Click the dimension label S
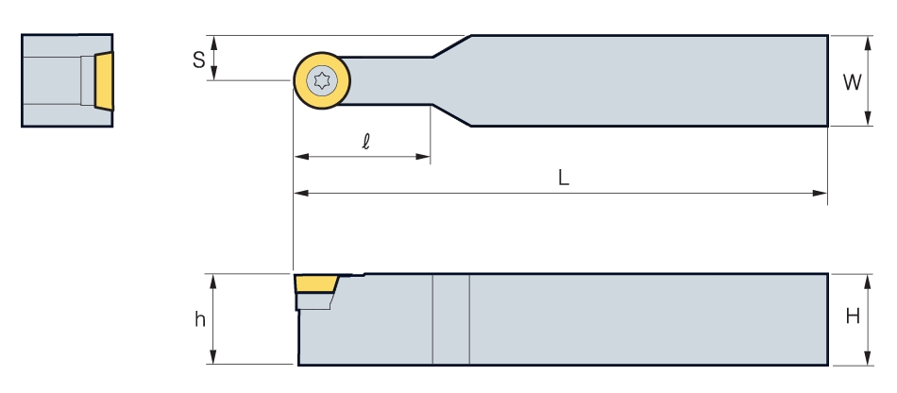[198, 60]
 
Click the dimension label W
[852, 82]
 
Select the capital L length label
[564, 178]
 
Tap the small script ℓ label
[366, 142]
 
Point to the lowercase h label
[199, 318]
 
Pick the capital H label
[853, 316]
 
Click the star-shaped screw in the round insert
[322, 80]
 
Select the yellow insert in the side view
[316, 283]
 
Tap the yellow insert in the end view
[104, 80]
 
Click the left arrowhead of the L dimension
[301, 194]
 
